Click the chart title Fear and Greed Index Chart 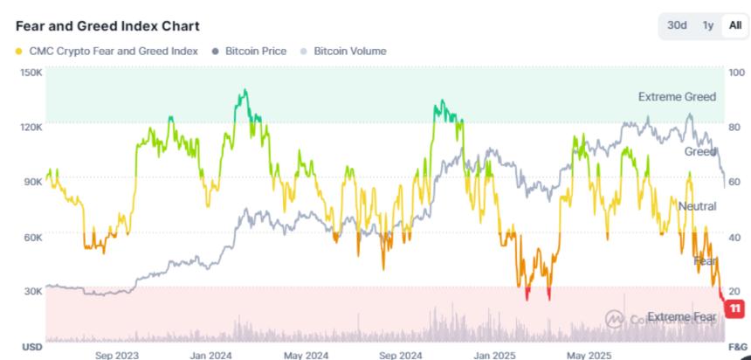tap(107, 26)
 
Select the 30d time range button tap(677, 25)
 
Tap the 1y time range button tap(707, 25)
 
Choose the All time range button tap(734, 25)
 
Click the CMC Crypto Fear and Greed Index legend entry tap(112, 51)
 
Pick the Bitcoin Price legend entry tap(255, 51)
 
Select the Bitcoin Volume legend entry tap(349, 51)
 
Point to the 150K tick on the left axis tap(31, 72)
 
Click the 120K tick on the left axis tap(31, 127)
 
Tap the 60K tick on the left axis tap(32, 237)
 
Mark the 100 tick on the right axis tap(736, 72)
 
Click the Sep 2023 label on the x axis tap(116, 354)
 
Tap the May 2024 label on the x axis tap(306, 354)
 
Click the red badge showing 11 tap(735, 308)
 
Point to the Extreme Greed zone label tap(677, 97)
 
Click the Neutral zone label tap(697, 206)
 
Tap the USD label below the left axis tap(31, 347)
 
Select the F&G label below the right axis tap(737, 347)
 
